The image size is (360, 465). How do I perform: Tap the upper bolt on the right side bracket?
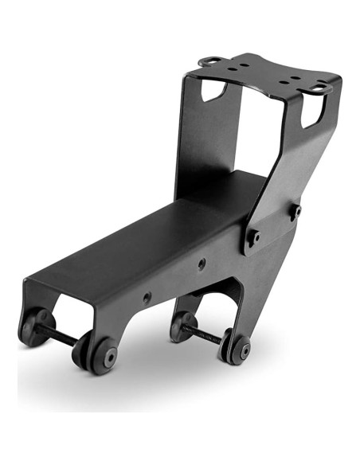(294, 211)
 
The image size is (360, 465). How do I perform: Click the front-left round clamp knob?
(34, 326)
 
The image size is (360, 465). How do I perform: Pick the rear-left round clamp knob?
(182, 325)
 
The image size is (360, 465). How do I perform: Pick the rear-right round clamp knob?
(237, 348)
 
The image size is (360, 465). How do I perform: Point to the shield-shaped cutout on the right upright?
(313, 113)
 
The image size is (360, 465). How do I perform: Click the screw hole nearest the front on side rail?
(147, 297)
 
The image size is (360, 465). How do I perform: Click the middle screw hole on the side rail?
(201, 263)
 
